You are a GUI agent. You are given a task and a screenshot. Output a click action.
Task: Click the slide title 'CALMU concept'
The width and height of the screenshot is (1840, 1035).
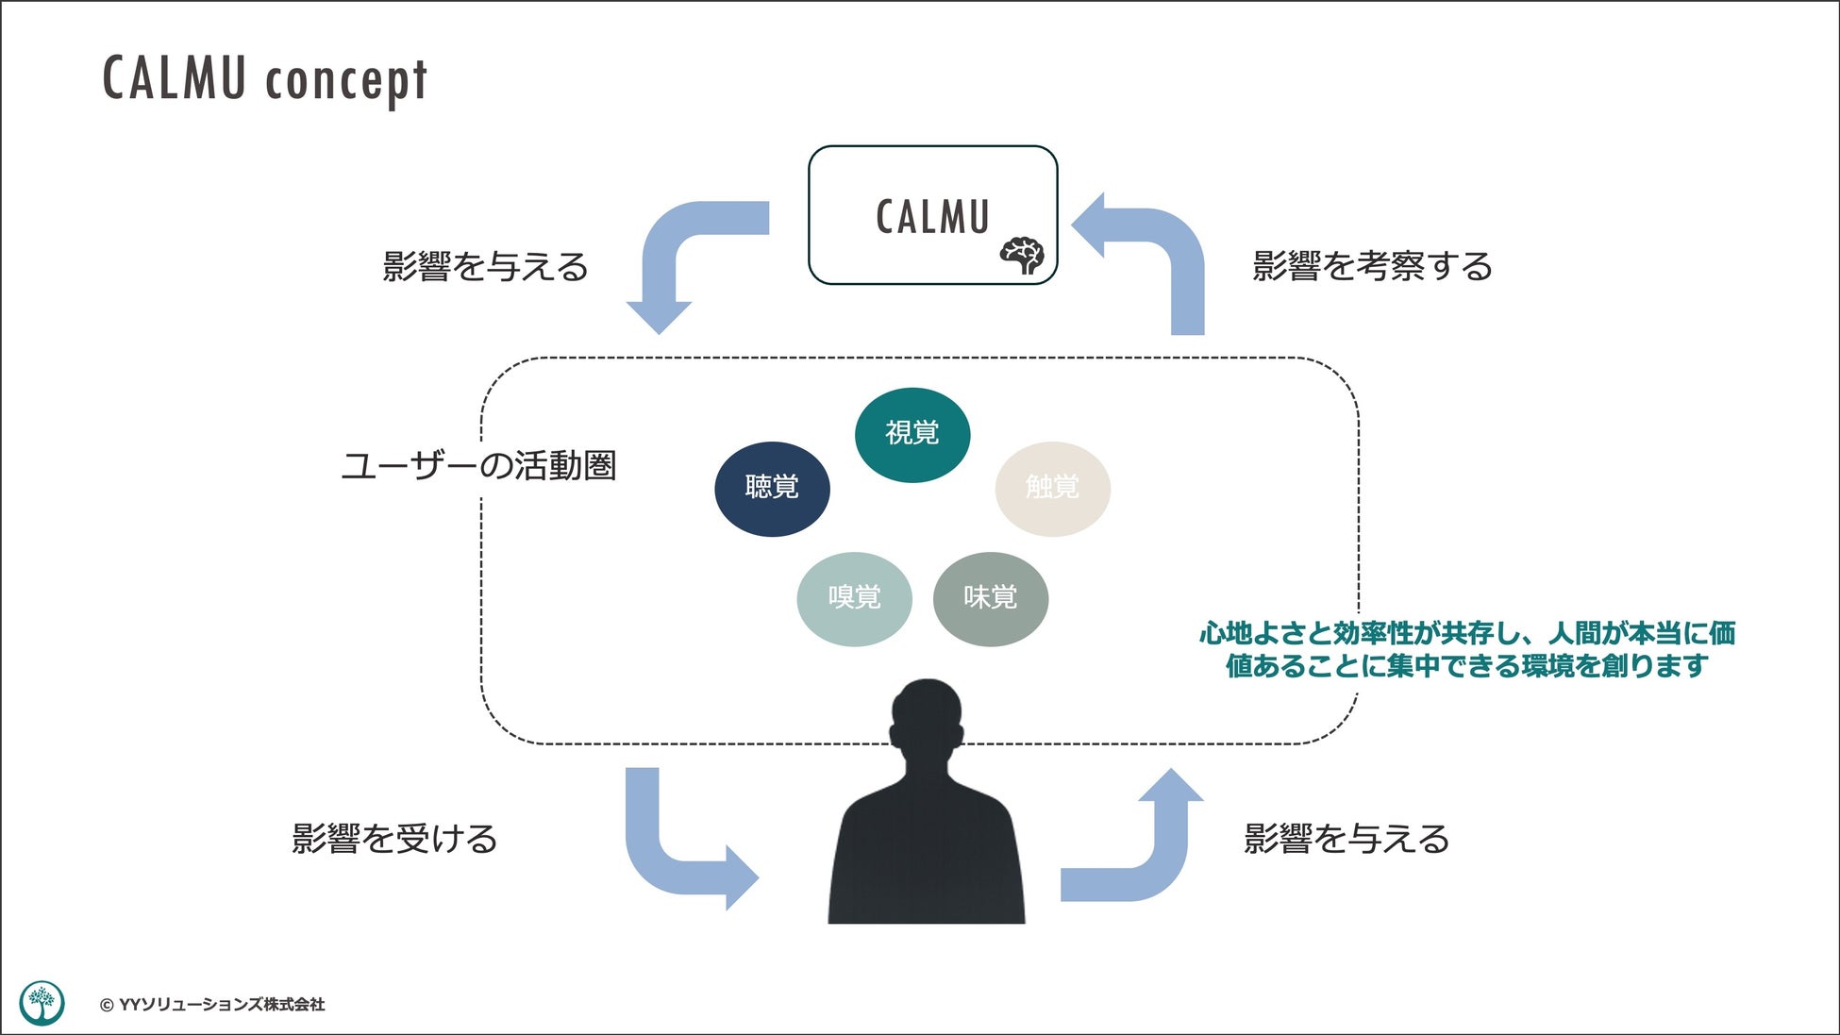[x=265, y=79]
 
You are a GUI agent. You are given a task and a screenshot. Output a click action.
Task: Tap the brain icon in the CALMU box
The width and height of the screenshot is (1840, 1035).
[x=1023, y=255]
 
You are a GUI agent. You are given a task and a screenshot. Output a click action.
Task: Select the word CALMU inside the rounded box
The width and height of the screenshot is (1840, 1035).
[x=932, y=216]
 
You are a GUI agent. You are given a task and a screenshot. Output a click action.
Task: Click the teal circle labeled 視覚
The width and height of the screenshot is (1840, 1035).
[x=912, y=435]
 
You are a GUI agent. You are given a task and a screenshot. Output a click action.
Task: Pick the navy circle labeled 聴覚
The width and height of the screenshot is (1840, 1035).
[x=772, y=489]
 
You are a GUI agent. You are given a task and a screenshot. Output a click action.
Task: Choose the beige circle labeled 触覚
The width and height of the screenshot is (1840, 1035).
[x=1052, y=489]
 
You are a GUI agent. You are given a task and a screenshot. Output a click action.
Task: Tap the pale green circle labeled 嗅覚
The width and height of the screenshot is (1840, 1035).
[x=854, y=598]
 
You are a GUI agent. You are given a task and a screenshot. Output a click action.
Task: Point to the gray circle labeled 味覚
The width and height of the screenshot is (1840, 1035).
[x=991, y=598]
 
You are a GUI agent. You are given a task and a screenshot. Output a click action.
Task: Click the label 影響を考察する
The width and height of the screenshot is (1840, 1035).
[x=1372, y=267]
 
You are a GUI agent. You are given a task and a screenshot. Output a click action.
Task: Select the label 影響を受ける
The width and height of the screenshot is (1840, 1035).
[x=394, y=839]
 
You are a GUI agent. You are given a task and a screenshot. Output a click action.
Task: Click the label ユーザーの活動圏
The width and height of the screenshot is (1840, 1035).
[x=478, y=466]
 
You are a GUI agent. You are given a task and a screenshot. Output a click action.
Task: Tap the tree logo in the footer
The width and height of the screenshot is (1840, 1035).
[x=42, y=1003]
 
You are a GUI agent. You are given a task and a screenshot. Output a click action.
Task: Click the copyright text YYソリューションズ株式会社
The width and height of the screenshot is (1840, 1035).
[x=212, y=1005]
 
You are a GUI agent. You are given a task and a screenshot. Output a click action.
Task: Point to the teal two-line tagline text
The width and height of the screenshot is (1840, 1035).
[x=1467, y=649]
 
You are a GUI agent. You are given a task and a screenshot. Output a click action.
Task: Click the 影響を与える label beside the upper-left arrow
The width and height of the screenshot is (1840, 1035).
[x=485, y=267]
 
